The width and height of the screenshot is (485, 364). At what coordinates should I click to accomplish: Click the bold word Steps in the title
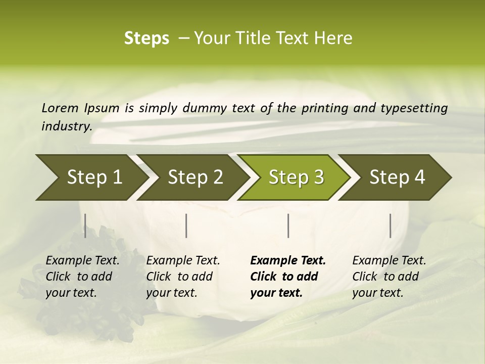pyautogui.click(x=147, y=38)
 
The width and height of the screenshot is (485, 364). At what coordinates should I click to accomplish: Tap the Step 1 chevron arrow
pyautogui.click(x=91, y=177)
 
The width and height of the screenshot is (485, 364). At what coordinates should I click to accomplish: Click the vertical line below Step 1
pyautogui.click(x=85, y=225)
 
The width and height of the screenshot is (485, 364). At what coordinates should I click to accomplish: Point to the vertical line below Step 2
pyautogui.click(x=186, y=225)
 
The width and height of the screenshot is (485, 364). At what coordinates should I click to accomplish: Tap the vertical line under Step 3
pyautogui.click(x=288, y=225)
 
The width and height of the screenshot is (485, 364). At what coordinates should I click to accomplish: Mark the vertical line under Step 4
pyautogui.click(x=391, y=225)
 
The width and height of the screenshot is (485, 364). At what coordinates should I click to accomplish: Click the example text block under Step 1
pyautogui.click(x=82, y=277)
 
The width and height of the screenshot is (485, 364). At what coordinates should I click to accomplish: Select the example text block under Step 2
pyautogui.click(x=183, y=277)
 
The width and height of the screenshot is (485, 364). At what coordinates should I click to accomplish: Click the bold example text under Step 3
pyautogui.click(x=288, y=277)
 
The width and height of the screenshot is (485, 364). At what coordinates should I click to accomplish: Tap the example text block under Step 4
pyautogui.click(x=389, y=277)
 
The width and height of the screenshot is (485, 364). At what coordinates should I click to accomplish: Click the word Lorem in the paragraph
pyautogui.click(x=60, y=108)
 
